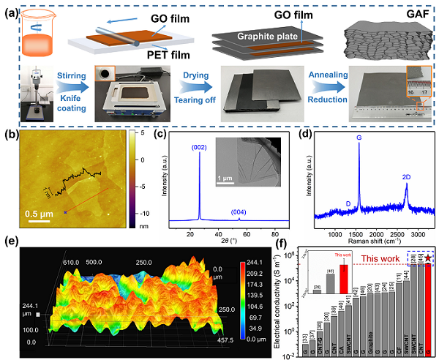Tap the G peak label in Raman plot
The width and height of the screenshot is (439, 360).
359,136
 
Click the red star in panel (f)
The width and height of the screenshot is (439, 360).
427,260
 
